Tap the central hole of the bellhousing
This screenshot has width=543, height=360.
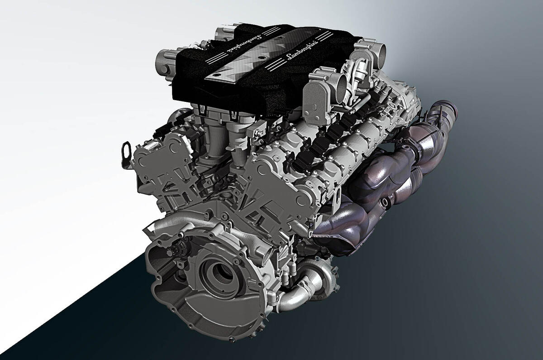click(x=222, y=272)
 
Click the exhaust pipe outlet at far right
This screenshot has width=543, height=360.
click(x=448, y=114)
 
